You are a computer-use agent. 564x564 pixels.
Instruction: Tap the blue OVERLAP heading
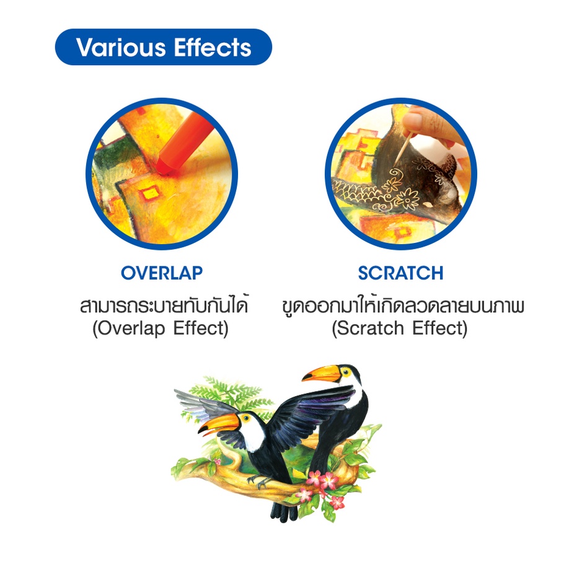click(x=162, y=273)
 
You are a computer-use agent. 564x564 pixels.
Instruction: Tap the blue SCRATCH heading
click(x=401, y=273)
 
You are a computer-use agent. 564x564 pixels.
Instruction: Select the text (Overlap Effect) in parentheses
click(x=161, y=328)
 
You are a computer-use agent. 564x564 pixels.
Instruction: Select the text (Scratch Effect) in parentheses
click(x=400, y=328)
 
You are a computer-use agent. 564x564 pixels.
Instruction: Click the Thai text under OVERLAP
click(x=164, y=306)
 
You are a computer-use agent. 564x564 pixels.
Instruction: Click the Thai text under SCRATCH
click(x=403, y=306)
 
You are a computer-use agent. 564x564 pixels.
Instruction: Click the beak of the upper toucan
click(x=321, y=374)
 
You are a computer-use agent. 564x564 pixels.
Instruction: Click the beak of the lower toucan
click(x=219, y=424)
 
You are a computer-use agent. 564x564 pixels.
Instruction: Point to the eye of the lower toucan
click(x=246, y=418)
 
